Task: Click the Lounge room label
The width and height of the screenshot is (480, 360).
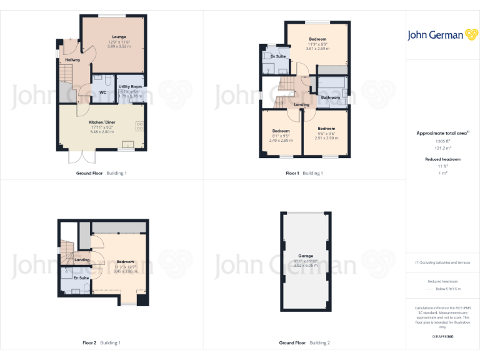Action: (x=119, y=37)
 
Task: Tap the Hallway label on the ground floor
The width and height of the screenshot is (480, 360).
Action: (x=72, y=60)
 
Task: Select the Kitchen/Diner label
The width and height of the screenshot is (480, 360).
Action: (x=101, y=122)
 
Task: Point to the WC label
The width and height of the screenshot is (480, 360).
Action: (x=102, y=92)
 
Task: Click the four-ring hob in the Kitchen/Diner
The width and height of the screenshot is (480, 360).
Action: (x=139, y=126)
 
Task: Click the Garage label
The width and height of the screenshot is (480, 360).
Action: (x=305, y=255)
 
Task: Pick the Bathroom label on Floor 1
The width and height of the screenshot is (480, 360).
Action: (x=331, y=97)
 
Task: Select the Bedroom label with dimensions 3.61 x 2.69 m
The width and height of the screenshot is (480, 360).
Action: (x=317, y=39)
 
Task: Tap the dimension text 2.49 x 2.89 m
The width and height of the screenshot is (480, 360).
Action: (x=281, y=141)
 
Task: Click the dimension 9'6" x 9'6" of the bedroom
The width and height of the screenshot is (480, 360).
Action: (x=326, y=133)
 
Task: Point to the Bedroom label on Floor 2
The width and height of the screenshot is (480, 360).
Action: (x=125, y=262)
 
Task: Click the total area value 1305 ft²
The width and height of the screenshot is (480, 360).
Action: (x=442, y=142)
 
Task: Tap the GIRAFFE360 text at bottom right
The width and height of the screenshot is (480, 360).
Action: (x=442, y=337)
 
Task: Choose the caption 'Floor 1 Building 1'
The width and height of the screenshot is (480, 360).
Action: (x=304, y=173)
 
